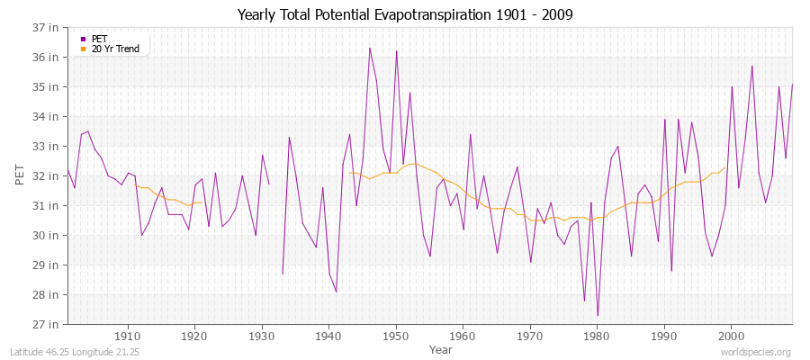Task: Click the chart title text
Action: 404,15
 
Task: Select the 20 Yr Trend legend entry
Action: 115,49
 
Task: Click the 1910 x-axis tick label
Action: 128,336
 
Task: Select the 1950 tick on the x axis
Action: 396,336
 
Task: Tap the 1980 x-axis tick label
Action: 597,336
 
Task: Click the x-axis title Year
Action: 441,348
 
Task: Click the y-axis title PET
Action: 21,175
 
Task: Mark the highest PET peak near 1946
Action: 369,48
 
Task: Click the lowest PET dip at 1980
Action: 598,315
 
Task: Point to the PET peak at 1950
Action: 396,51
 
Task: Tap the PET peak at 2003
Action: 751,66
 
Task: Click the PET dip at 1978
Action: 584,301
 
